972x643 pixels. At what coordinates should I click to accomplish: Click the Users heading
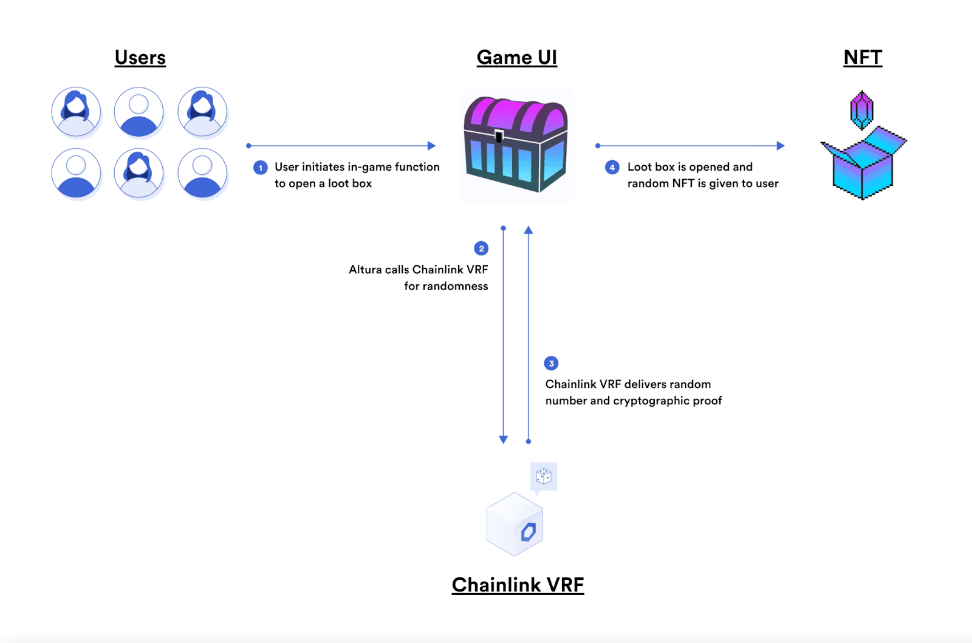[140, 58]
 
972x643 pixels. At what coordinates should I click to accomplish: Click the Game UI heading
[516, 58]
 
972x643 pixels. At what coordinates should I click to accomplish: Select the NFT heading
[862, 58]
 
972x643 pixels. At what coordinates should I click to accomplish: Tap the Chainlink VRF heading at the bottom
[518, 585]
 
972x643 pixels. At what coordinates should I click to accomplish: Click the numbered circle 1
[261, 168]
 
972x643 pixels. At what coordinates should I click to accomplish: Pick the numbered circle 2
[481, 248]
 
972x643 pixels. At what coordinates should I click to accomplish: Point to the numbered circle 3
[551, 363]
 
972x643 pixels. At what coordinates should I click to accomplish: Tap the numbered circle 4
[612, 168]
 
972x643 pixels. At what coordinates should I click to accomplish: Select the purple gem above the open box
[861, 110]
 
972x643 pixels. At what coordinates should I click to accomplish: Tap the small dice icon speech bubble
[544, 476]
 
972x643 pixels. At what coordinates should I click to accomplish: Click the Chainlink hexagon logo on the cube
[528, 532]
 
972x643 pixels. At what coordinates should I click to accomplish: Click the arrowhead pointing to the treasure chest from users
[432, 146]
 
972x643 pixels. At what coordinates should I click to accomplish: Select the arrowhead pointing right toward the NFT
[781, 146]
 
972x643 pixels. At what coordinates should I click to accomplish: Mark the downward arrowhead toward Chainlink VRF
[503, 439]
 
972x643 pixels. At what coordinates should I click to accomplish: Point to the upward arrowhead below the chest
[529, 230]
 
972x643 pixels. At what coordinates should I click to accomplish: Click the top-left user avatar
[76, 112]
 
